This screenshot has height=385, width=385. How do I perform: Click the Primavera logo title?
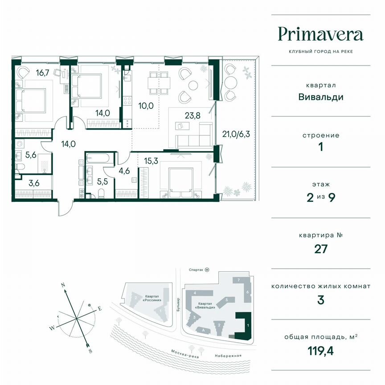pyautogui.click(x=320, y=34)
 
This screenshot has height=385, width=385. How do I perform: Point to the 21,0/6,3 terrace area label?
pyautogui.click(x=237, y=134)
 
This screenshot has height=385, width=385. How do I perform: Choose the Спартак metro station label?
pyautogui.click(x=199, y=270)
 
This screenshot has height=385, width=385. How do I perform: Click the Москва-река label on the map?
pyautogui.click(x=184, y=353)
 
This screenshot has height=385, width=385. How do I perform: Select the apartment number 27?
pyautogui.click(x=320, y=249)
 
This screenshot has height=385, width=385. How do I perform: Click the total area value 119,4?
pyautogui.click(x=320, y=350)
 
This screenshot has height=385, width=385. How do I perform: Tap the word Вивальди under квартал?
pyautogui.click(x=320, y=96)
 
